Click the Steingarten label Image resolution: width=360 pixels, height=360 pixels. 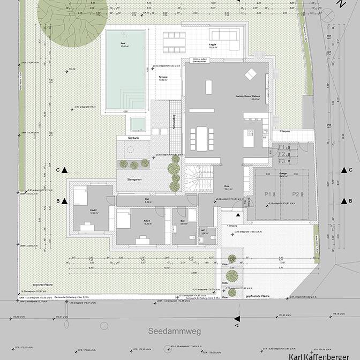click(x=134, y=179)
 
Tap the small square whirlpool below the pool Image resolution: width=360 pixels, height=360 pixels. click(x=138, y=124)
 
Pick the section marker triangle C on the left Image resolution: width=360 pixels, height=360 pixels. click(x=64, y=170)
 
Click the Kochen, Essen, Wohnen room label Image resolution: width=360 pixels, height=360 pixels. click(x=247, y=97)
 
